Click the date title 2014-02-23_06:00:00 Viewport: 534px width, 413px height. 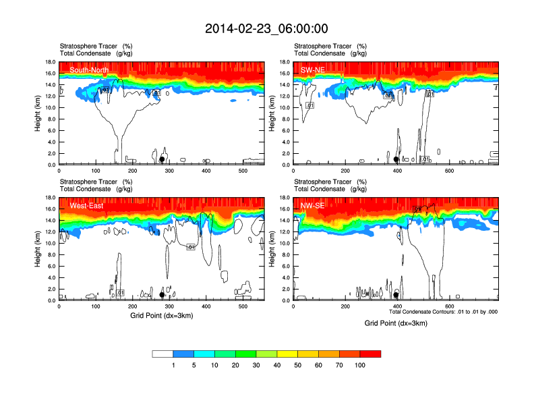[266, 28]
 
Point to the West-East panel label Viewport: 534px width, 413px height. [87, 205]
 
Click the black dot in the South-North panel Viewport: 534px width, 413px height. [162, 159]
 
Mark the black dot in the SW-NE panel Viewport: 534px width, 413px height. [396, 159]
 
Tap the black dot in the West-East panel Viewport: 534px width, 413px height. [162, 295]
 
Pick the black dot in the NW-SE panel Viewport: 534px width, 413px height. [396, 295]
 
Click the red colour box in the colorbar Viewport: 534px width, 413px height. [370, 354]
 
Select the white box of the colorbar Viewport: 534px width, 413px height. [162, 354]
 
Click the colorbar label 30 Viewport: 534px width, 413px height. [256, 365]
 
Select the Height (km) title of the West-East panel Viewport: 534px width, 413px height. [38, 249]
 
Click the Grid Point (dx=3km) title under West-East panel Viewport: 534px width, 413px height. [161, 315]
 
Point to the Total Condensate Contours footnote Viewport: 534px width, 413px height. [444, 312]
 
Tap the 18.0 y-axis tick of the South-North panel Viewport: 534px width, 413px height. [49, 62]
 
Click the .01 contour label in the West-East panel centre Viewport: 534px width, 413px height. [191, 247]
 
